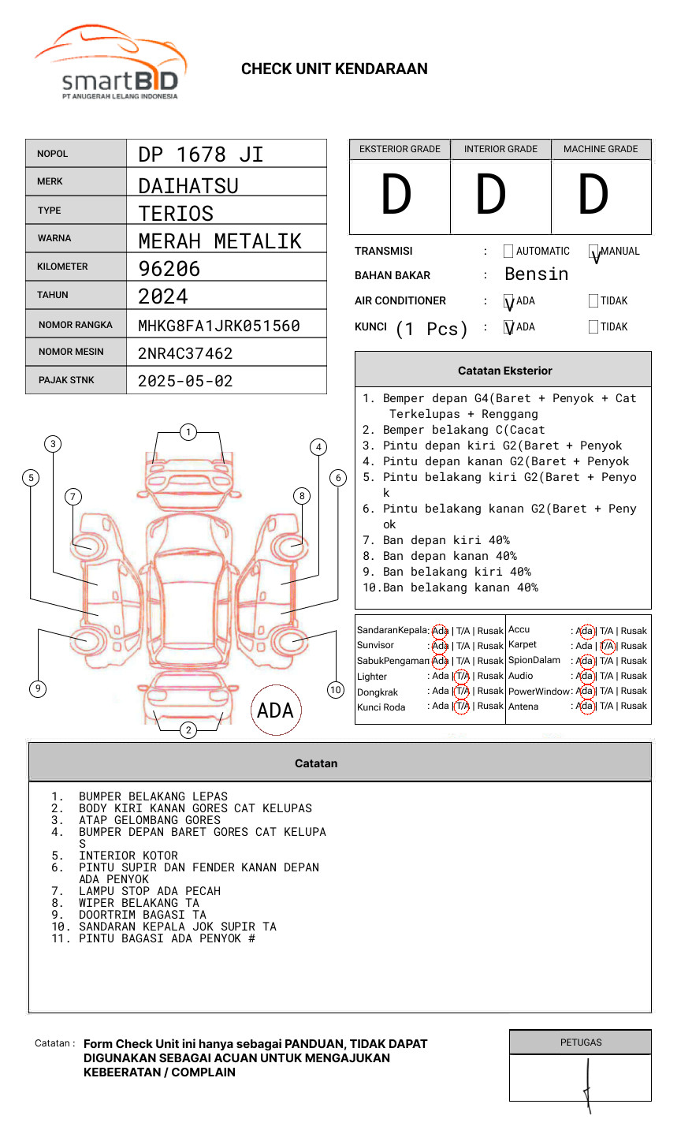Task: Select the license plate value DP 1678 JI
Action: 200,155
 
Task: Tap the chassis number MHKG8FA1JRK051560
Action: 218,326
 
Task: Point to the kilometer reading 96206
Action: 169,269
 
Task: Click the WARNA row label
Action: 54,238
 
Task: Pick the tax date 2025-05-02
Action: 185,381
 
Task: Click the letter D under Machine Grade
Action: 593,195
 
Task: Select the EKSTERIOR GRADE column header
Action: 400,149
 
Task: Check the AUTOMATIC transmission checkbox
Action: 508,252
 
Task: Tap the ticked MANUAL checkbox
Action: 593,252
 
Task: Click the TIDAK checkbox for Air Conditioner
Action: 593,301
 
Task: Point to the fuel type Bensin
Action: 536,274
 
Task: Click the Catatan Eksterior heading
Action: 504,371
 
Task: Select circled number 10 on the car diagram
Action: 336,690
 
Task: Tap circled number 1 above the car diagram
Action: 188,432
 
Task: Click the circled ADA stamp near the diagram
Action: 275,710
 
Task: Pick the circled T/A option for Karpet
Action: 607,646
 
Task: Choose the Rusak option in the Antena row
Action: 634,706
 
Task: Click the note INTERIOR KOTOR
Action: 128,856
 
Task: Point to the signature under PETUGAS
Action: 587,1084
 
